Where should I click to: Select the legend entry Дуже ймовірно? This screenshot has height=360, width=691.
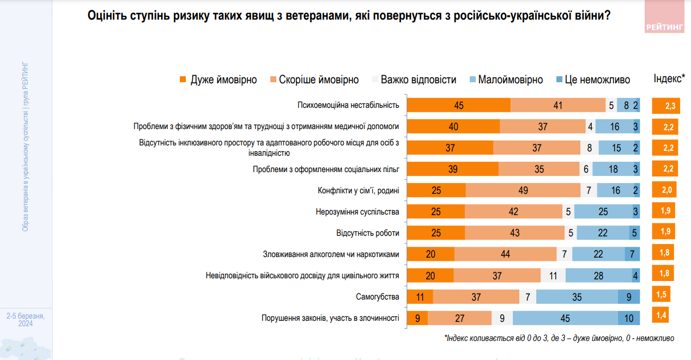click(218, 80)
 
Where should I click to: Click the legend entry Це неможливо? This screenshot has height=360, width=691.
click(592, 80)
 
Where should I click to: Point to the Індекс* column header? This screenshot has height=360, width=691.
click(669, 79)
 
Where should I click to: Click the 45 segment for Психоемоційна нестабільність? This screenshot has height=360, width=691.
click(459, 106)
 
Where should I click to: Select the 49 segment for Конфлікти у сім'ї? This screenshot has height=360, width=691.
click(523, 191)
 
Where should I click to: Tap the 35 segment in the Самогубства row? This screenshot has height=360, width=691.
click(577, 297)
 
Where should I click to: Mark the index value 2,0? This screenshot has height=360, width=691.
click(664, 190)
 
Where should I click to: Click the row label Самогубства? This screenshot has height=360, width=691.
click(378, 297)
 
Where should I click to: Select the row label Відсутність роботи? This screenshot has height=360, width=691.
click(368, 233)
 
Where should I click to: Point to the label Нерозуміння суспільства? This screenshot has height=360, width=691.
click(357, 212)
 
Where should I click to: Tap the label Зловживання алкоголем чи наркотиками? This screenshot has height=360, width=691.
click(331, 254)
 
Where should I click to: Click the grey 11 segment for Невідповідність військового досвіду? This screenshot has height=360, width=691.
click(553, 276)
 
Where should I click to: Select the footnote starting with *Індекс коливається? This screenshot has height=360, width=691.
click(559, 338)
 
